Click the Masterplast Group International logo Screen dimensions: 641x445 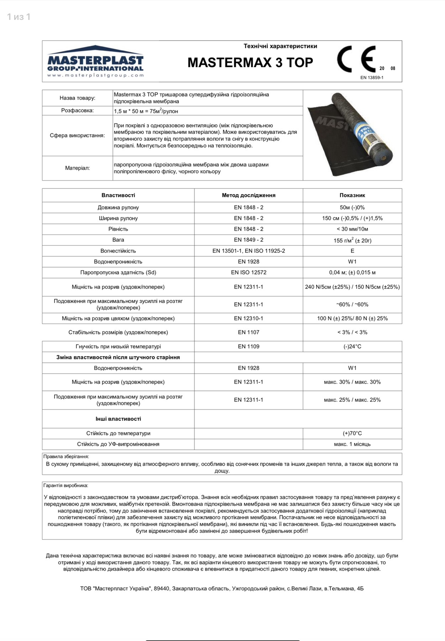pos(95,61)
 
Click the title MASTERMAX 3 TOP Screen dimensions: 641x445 pos(250,63)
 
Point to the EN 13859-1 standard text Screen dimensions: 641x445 pos(372,78)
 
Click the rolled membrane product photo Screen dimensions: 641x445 pos(352,135)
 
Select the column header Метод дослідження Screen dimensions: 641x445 pos(248,195)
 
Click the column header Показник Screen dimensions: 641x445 pos(352,195)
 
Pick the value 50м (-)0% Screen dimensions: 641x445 pos(352,207)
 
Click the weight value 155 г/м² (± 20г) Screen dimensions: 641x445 pos(352,240)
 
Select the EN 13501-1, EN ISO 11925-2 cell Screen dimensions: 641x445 pos(248,251)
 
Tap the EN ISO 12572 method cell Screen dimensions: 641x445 pos(248,272)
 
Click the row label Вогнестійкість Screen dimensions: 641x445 pos(118,251)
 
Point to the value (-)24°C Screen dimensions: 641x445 pos(352,346)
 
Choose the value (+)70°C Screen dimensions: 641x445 pos(352,433)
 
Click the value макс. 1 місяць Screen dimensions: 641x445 pos(352,444)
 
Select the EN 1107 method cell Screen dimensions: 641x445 pos(248,332)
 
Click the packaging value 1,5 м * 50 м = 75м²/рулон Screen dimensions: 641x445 pos(146,111)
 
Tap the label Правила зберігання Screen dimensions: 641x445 pos(66,457)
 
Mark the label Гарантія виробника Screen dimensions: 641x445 pos(66,485)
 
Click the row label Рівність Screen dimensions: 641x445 pos(118,229)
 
